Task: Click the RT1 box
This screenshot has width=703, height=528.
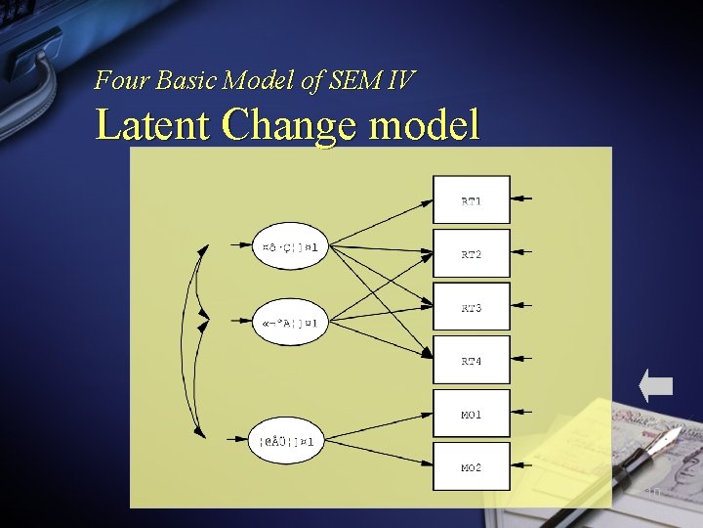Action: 472,200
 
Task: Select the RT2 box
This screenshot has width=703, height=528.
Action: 472,253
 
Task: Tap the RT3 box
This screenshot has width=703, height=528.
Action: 472,307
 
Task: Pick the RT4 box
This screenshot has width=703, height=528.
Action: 472,361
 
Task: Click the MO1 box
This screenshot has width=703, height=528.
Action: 472,415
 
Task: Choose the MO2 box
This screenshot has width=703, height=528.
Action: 472,467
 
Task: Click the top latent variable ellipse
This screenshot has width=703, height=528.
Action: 290,246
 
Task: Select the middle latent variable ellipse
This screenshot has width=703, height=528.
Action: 290,322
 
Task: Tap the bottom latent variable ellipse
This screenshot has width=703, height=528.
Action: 285,442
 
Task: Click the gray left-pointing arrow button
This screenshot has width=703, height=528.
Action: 656,385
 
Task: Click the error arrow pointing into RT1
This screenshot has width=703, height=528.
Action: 522,199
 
